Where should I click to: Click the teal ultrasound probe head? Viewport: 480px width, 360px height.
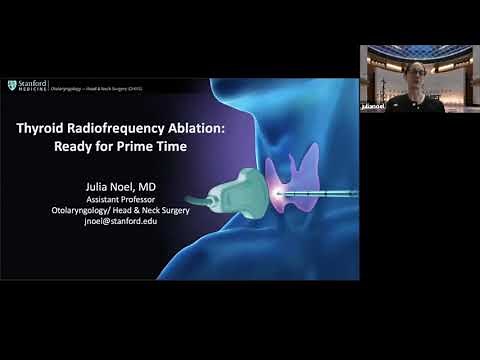click(254, 190)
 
